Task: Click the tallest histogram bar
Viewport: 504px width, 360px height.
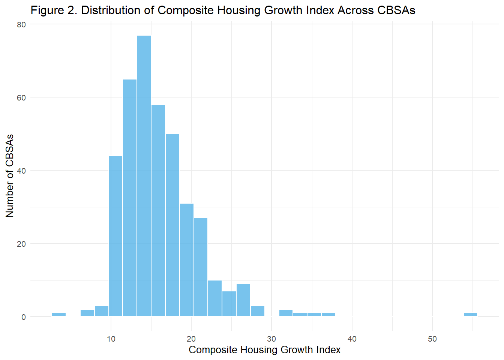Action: (144, 176)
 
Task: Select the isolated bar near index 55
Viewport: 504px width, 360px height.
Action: (470, 315)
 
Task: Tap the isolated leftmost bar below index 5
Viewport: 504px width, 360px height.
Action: (59, 315)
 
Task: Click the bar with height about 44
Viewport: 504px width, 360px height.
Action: (115, 236)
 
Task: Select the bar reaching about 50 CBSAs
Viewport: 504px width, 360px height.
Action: (172, 225)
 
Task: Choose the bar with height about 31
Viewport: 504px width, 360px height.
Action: (187, 260)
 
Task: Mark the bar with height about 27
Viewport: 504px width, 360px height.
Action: (201, 267)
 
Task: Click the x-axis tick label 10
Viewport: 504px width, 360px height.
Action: (111, 339)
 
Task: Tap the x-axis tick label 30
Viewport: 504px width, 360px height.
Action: (271, 339)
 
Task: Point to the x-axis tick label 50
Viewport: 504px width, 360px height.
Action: (432, 339)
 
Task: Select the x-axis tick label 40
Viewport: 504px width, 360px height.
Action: (352, 339)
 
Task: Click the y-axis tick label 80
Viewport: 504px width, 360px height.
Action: (21, 24)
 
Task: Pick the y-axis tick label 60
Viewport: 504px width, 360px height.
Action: (21, 97)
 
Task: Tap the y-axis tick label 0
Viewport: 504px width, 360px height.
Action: (24, 317)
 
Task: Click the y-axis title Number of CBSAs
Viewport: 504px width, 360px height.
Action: (10, 175)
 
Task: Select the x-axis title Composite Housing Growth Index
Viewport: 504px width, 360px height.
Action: (264, 350)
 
